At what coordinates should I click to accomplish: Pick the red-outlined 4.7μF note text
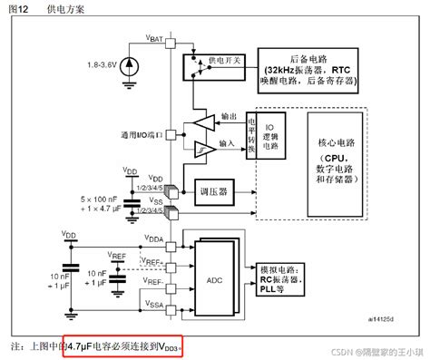point(124,345)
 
